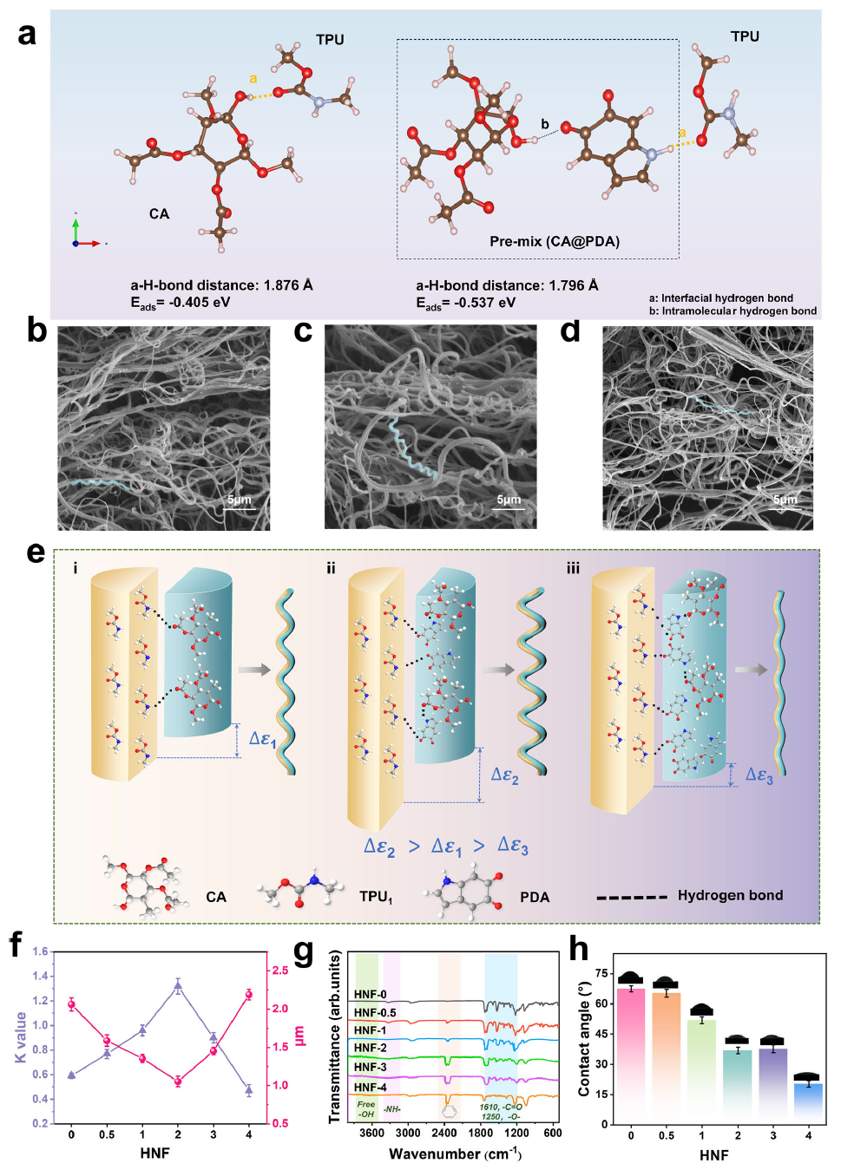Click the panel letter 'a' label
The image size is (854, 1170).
point(27,35)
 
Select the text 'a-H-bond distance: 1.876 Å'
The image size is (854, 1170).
point(221,285)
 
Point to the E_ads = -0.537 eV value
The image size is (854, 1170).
point(465,303)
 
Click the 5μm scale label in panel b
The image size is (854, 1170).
point(239,500)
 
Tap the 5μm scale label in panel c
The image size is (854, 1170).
point(509,500)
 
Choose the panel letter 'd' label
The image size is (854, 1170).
point(570,331)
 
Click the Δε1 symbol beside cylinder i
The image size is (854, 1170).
point(262,739)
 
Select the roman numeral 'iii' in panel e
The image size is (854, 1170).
point(573,568)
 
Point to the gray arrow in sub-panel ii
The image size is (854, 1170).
point(498,670)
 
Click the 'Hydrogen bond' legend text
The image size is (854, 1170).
point(730,895)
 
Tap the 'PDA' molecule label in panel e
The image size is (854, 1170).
point(535,897)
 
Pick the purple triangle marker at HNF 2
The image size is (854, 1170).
point(178,985)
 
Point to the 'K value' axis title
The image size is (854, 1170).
point(21,1037)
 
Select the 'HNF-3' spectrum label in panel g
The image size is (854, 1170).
point(371,1067)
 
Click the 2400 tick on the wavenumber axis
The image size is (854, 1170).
point(444,1133)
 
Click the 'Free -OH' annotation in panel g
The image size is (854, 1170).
point(366,1109)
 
